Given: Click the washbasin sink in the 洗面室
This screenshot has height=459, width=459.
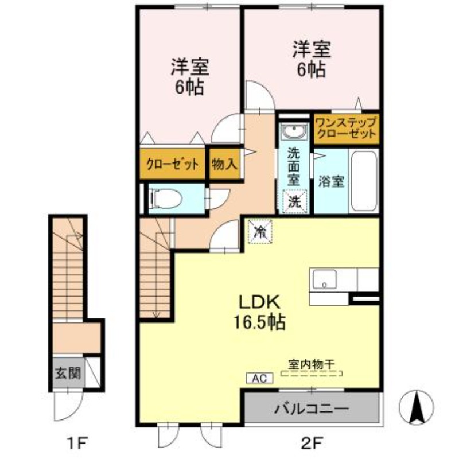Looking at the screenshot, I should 294,133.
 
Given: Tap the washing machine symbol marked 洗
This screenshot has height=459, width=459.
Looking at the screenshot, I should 294,201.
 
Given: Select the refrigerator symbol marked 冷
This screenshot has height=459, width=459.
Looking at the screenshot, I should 260,232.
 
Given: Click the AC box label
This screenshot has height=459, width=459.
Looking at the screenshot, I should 258,378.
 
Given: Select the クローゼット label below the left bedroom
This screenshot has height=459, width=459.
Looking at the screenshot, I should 172,164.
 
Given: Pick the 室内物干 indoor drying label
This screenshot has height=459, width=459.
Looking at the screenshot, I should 312,363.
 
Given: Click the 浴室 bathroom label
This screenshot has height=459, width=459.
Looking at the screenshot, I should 331,181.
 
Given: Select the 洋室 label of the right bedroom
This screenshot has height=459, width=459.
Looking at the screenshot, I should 312,49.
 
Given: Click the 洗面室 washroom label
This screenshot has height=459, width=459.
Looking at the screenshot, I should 294,166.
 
